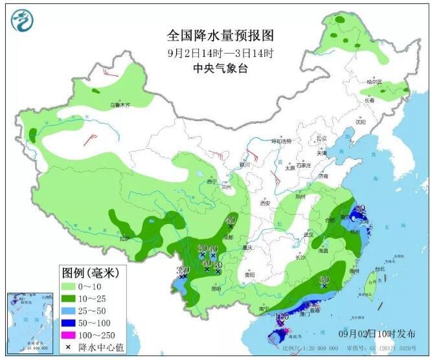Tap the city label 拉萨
pyautogui.click(x=124, y=238)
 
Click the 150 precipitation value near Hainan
pyautogui.click(x=282, y=317)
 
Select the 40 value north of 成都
pyautogui.click(x=229, y=220)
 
